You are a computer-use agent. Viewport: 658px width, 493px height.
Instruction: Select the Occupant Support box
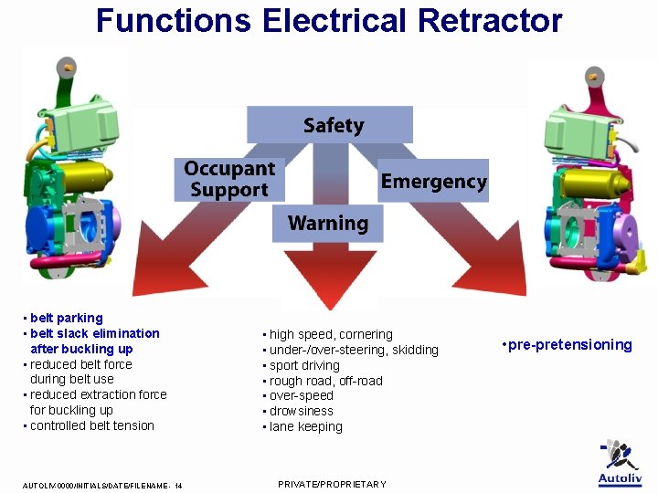click(228, 180)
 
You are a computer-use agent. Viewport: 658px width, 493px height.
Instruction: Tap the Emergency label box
click(433, 181)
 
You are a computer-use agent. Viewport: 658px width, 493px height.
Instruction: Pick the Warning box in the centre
click(327, 224)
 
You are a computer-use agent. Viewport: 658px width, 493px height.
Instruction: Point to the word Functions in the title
click(174, 20)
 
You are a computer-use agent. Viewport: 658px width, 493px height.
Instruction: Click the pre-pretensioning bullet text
click(570, 345)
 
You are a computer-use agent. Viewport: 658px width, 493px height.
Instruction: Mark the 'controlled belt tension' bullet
click(91, 426)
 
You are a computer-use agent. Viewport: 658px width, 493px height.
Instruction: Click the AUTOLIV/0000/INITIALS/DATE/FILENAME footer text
click(100, 486)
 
